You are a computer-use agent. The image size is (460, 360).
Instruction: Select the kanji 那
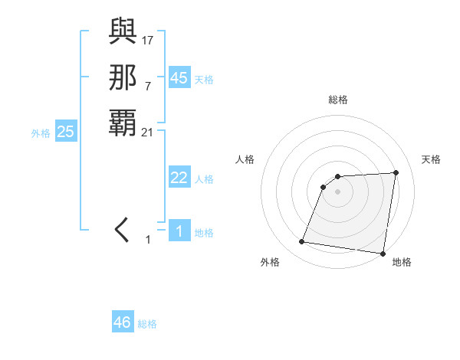[123, 77]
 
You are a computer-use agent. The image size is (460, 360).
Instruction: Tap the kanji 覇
[123, 123]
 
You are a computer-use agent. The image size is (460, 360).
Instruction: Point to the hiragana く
[123, 230]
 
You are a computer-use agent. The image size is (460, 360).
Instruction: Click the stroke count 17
[148, 40]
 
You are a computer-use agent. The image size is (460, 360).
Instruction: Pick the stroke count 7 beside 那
[148, 85]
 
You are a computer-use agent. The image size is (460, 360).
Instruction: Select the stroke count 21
[148, 132]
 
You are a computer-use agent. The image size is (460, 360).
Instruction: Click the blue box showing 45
[179, 78]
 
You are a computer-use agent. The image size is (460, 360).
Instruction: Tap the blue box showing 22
[179, 178]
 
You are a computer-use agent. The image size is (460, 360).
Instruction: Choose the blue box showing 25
[66, 132]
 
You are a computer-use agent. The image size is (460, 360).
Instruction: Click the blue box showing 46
[123, 322]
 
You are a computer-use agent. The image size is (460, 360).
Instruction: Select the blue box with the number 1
[179, 231]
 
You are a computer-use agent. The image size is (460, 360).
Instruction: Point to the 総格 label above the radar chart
[338, 100]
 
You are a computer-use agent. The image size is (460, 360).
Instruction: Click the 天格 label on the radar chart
[431, 159]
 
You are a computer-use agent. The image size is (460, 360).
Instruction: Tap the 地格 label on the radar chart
[402, 262]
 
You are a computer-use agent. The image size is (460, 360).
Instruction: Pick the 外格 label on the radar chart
[270, 262]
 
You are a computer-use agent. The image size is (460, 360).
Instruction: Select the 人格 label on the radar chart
[245, 159]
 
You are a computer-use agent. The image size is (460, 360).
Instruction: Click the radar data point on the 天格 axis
[396, 172]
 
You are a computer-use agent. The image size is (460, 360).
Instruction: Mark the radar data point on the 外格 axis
[302, 242]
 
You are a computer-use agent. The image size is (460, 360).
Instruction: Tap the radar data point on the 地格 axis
[382, 254]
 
